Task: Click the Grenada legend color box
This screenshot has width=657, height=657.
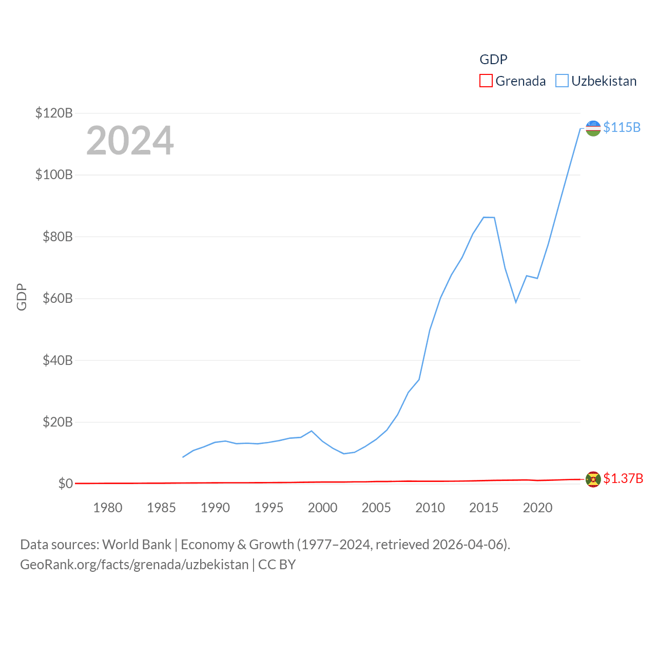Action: pos(486,81)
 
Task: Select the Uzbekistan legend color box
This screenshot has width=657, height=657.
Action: pos(562,81)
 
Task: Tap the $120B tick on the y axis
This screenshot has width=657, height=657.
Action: pos(54,113)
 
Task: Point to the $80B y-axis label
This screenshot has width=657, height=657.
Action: pos(57,237)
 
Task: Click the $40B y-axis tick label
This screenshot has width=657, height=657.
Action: pos(57,360)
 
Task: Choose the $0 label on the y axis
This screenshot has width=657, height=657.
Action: pos(65,484)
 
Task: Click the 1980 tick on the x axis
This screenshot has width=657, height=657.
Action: pos(108,508)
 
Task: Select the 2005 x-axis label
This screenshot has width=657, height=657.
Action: pos(376,508)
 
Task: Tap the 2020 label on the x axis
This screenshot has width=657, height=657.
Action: pos(537,508)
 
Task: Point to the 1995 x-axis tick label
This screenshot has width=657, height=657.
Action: pos(269,508)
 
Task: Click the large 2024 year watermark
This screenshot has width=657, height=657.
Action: pos(130,141)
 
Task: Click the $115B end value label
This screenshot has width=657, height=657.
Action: pos(622,127)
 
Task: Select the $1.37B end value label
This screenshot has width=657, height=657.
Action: pos(623,478)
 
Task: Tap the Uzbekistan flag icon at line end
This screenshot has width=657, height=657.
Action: pos(593,128)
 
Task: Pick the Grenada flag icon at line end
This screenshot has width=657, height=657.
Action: pos(593,479)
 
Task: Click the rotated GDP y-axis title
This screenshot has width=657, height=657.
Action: pos(22,297)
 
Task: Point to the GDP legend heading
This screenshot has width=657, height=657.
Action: pos(493,60)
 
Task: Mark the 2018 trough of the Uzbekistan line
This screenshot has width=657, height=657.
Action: pos(516,302)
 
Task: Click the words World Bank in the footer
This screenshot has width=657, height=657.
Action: pos(137,544)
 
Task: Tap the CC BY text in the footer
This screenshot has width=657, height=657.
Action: pos(277,565)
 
